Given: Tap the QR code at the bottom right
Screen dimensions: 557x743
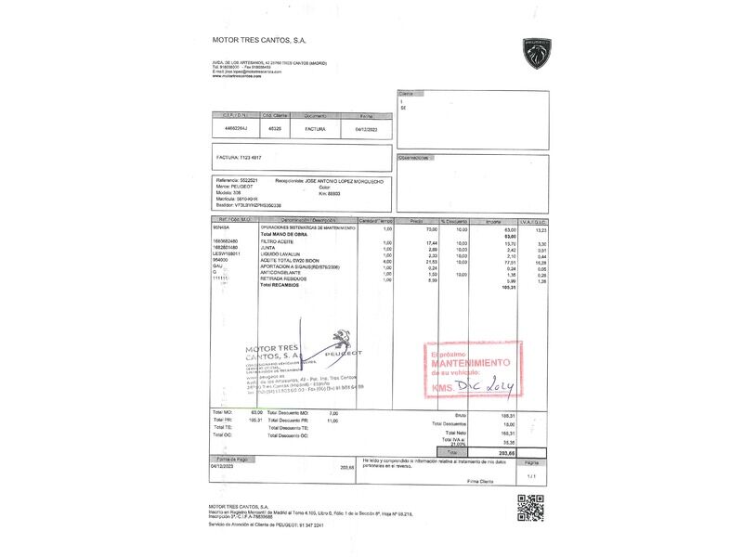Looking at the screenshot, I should pyautogui.click(x=529, y=509).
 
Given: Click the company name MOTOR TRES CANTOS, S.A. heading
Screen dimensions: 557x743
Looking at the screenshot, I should pyautogui.click(x=259, y=40).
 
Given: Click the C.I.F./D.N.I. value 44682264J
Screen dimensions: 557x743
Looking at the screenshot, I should pyautogui.click(x=237, y=129).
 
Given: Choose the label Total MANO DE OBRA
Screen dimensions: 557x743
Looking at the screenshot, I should pyautogui.click(x=284, y=234).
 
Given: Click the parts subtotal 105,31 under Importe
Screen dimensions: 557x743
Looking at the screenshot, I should pyautogui.click(x=508, y=286).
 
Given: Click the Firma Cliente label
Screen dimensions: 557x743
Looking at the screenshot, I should pyautogui.click(x=480, y=482).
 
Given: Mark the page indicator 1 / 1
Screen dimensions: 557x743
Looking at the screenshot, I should pyautogui.click(x=532, y=475).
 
